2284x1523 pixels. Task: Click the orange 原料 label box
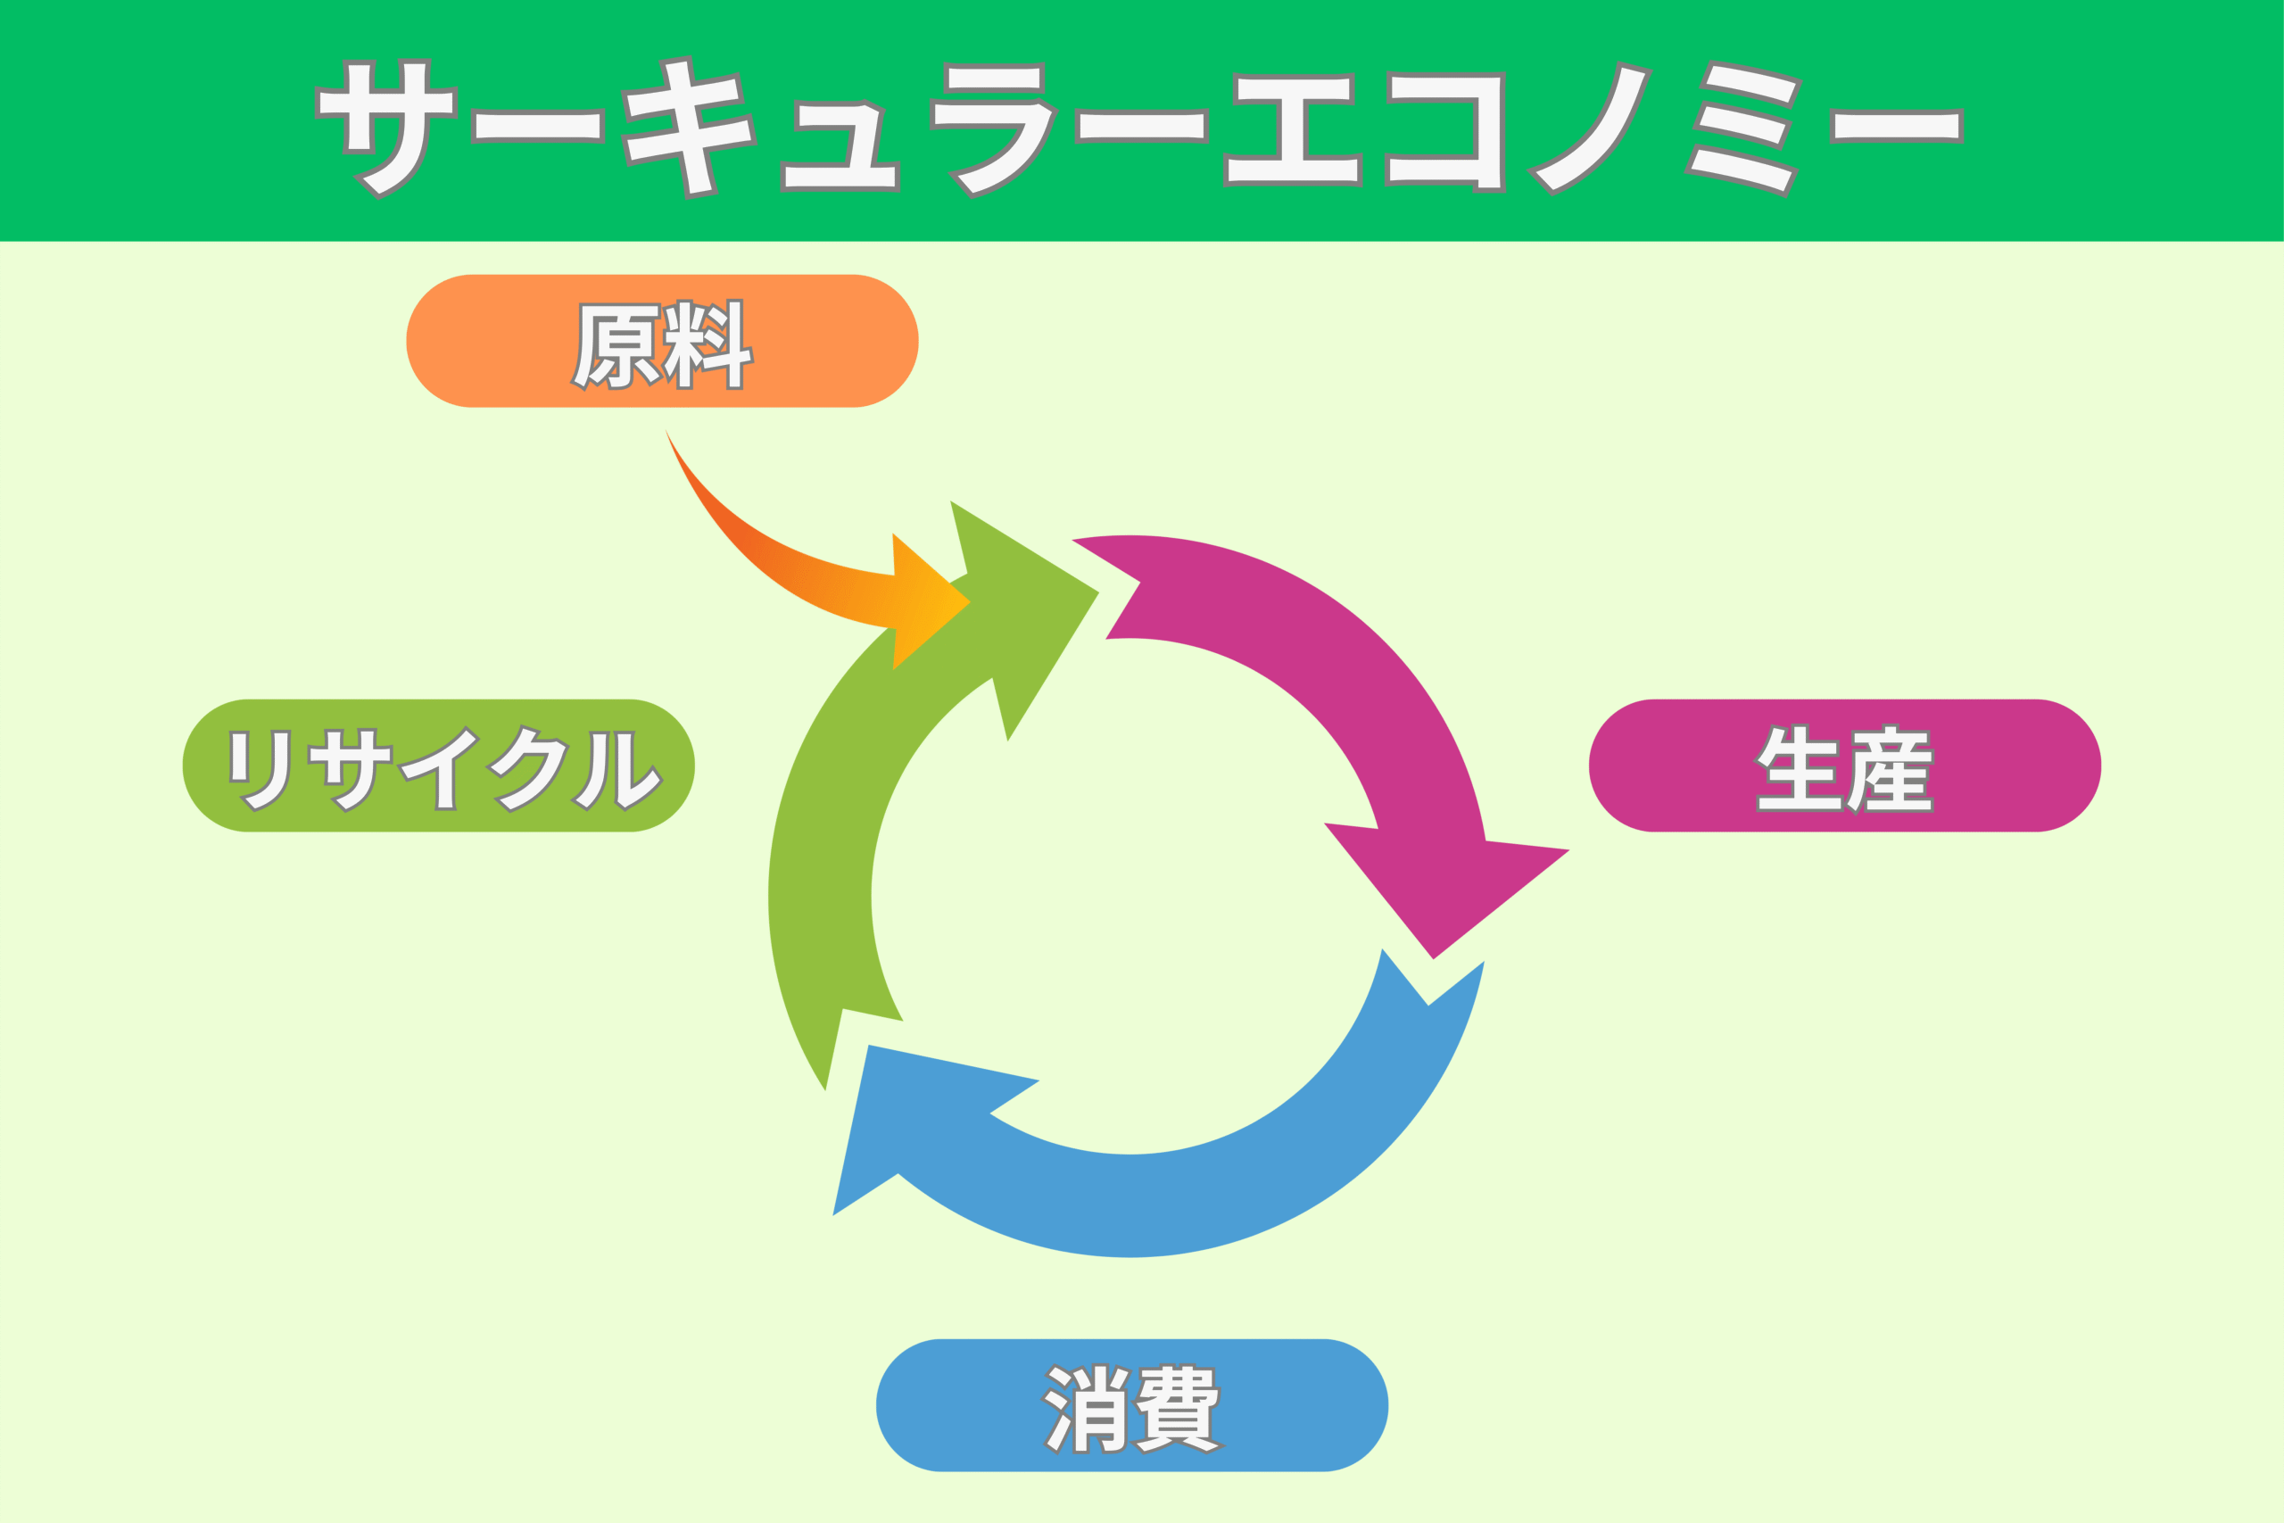pos(662,341)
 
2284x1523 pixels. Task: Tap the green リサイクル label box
pos(439,766)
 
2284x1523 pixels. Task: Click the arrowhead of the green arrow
pos(1020,592)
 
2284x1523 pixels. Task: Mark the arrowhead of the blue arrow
pos(903,1117)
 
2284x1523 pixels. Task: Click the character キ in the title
pos(690,127)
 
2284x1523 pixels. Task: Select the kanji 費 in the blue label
pos(1178,1409)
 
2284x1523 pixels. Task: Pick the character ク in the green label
pos(527,767)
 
